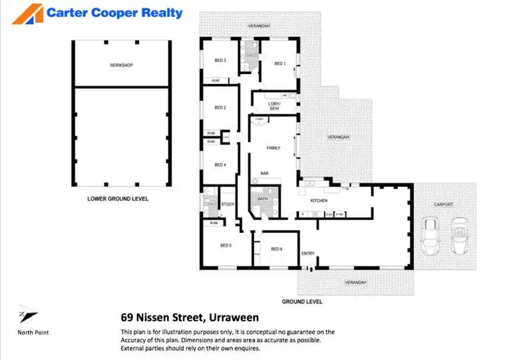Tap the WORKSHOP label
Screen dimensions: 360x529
pos(121,65)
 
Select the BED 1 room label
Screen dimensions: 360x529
pos(279,64)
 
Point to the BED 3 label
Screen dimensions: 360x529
pos(220,61)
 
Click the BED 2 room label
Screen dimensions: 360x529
pos(220,107)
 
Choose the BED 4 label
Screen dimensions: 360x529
pos(220,164)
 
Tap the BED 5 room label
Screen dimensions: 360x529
pos(226,245)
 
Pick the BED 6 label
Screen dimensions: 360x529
pos(276,248)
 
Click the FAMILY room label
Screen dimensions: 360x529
pos(274,148)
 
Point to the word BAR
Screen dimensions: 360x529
pos(265,173)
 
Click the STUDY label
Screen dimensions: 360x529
pos(228,205)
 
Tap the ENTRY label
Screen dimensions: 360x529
pos(308,253)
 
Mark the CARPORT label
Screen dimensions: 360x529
pos(444,205)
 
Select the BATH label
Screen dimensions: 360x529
pos(262,200)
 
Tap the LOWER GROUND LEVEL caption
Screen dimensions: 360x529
pos(117,199)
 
